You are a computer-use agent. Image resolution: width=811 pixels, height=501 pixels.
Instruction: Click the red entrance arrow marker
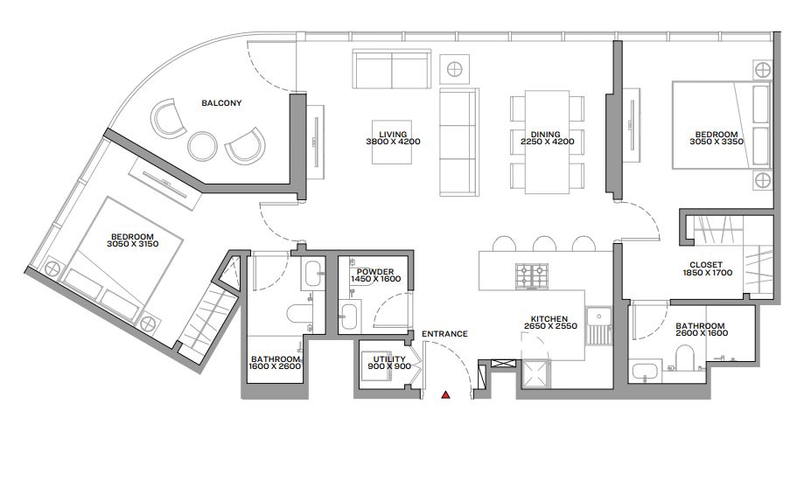coord(445,395)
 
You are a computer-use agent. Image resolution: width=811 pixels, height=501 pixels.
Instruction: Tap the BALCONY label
coord(221,103)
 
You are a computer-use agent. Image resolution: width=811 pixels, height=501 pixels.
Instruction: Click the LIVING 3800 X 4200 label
coord(388,137)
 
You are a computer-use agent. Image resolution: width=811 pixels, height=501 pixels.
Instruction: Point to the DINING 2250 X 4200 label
coord(547,137)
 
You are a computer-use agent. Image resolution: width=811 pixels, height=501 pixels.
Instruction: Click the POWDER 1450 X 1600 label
coord(374,275)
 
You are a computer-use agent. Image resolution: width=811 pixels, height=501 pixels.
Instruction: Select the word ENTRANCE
coord(444,334)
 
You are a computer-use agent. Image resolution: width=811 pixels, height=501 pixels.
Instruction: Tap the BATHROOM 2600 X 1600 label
coord(700,330)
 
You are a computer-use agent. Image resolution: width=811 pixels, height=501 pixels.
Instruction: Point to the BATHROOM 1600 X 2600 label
coord(276,363)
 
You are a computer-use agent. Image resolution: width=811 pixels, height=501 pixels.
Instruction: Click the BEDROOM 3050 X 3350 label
coord(714,137)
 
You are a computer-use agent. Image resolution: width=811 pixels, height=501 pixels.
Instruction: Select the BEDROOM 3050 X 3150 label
coord(132,240)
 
